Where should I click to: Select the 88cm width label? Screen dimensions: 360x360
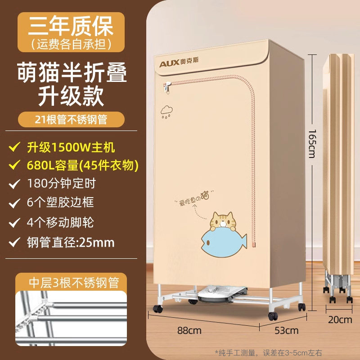189,331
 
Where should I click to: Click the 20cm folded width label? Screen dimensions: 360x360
340,320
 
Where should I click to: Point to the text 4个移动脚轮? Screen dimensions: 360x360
65,222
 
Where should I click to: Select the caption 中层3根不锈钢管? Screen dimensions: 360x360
73,283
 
